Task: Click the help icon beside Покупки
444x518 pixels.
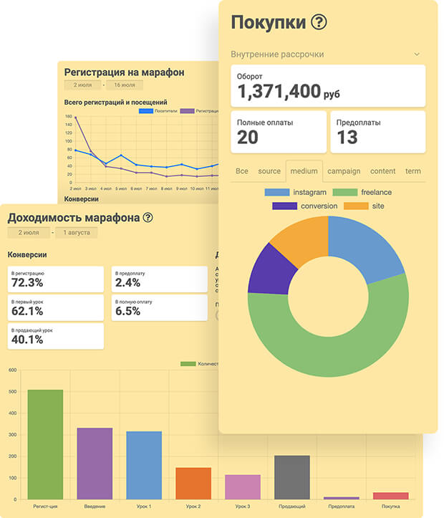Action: pyautogui.click(x=319, y=22)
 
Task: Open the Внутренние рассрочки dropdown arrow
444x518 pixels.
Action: pyautogui.click(x=417, y=54)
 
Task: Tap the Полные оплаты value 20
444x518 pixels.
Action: pyautogui.click(x=248, y=137)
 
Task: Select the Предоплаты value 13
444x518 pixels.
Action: pyautogui.click(x=347, y=137)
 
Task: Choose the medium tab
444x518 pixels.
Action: pyautogui.click(x=304, y=171)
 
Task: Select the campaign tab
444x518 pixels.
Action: pyautogui.click(x=344, y=171)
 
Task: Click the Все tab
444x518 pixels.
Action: pyautogui.click(x=242, y=171)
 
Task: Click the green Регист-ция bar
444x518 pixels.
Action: pyautogui.click(x=45, y=444)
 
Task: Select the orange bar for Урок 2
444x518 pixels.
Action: pyautogui.click(x=193, y=484)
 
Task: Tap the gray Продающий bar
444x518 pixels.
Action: pyautogui.click(x=292, y=477)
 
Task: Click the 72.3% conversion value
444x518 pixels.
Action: pyautogui.click(x=27, y=283)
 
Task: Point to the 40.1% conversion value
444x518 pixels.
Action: pyautogui.click(x=27, y=340)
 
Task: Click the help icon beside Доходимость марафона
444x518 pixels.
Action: pyautogui.click(x=148, y=218)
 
